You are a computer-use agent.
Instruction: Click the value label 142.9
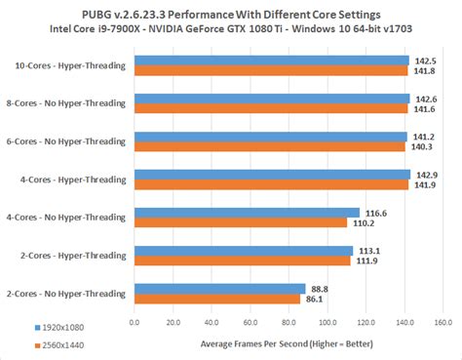(426, 174)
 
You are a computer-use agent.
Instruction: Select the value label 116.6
(375, 212)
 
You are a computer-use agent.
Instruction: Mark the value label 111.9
(366, 260)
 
